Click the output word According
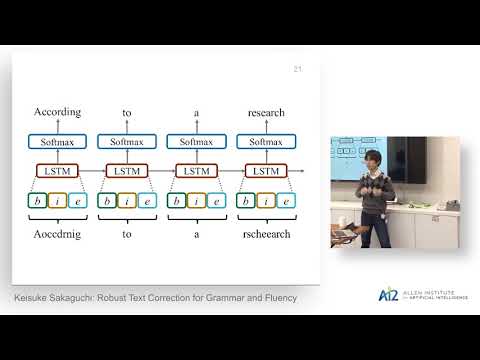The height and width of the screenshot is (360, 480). point(57,112)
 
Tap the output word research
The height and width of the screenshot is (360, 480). point(267,112)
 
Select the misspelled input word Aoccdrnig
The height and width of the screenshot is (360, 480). point(57,232)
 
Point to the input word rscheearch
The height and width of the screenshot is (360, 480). point(267,232)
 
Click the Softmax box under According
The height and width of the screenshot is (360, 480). point(57,142)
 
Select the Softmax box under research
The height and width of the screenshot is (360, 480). point(266,142)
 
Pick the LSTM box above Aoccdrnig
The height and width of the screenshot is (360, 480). point(57,171)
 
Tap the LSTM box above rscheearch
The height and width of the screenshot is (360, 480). point(266,171)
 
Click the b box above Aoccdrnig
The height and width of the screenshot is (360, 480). point(37,201)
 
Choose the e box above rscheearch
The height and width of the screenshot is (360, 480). point(286,201)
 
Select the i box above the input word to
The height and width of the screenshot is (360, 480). point(127,201)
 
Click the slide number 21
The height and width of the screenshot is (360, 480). point(297,69)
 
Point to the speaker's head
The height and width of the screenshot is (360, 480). point(374,160)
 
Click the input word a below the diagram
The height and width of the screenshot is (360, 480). point(197,232)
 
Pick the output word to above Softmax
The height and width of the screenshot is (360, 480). point(127,113)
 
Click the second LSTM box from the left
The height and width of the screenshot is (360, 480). point(127,171)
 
